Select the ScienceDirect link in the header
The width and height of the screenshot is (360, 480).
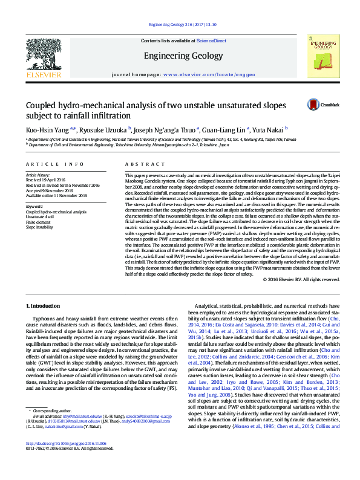coord(212,41)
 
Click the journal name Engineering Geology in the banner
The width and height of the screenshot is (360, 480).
coord(180,56)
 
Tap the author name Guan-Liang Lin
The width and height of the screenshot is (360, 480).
coord(236,129)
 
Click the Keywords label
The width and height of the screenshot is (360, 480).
coord(34,207)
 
